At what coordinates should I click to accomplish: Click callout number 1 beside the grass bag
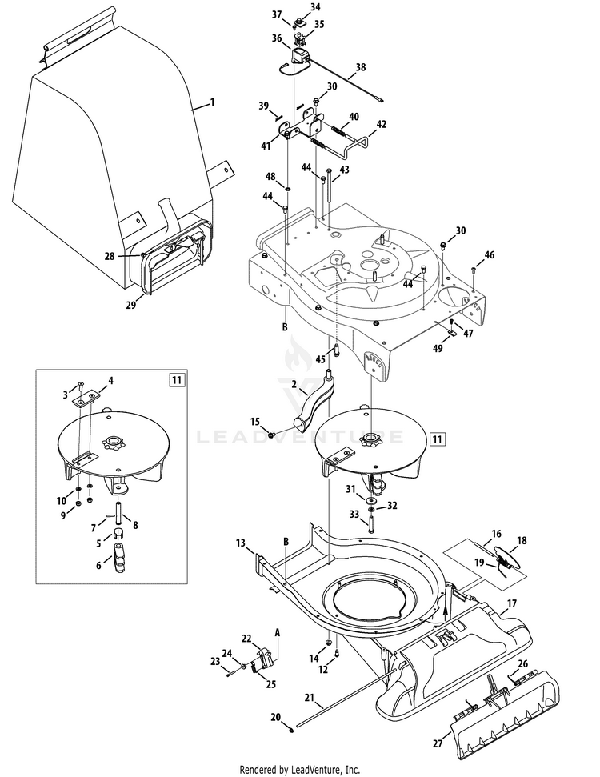(213, 102)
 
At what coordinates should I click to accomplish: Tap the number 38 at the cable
(361, 69)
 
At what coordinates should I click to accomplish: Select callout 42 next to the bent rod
(382, 124)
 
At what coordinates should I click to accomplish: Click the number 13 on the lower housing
(241, 543)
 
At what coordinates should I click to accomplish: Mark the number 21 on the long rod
(310, 697)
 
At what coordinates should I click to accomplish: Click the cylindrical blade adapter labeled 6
(123, 557)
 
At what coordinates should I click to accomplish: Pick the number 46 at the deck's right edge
(490, 255)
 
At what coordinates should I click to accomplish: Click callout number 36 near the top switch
(277, 38)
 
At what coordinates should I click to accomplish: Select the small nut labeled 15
(272, 433)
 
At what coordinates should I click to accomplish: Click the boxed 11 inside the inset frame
(175, 380)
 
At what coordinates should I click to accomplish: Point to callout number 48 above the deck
(270, 176)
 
